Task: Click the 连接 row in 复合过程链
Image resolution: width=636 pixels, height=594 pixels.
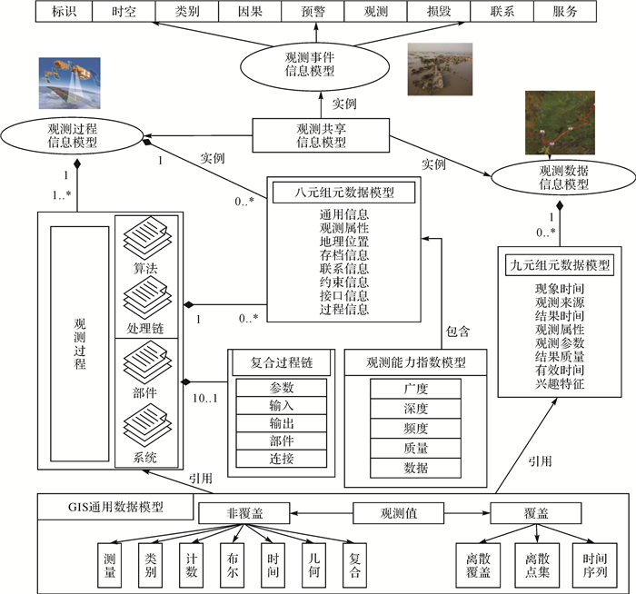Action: tap(282, 460)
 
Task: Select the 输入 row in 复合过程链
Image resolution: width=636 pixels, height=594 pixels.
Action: tap(282, 405)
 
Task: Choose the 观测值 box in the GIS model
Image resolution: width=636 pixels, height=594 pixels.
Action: tap(399, 513)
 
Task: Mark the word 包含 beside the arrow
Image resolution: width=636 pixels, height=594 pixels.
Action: tap(458, 332)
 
